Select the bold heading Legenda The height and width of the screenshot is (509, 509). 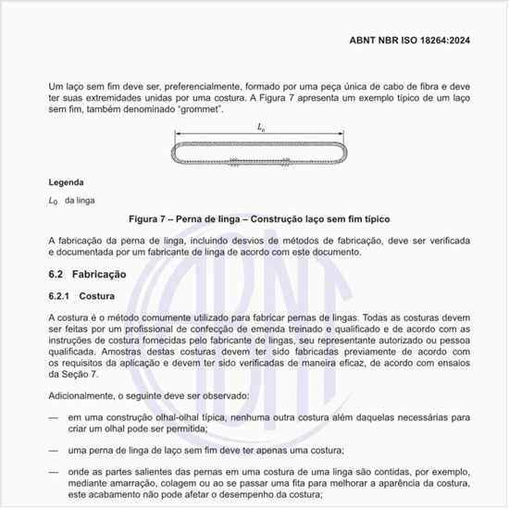tap(66, 182)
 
